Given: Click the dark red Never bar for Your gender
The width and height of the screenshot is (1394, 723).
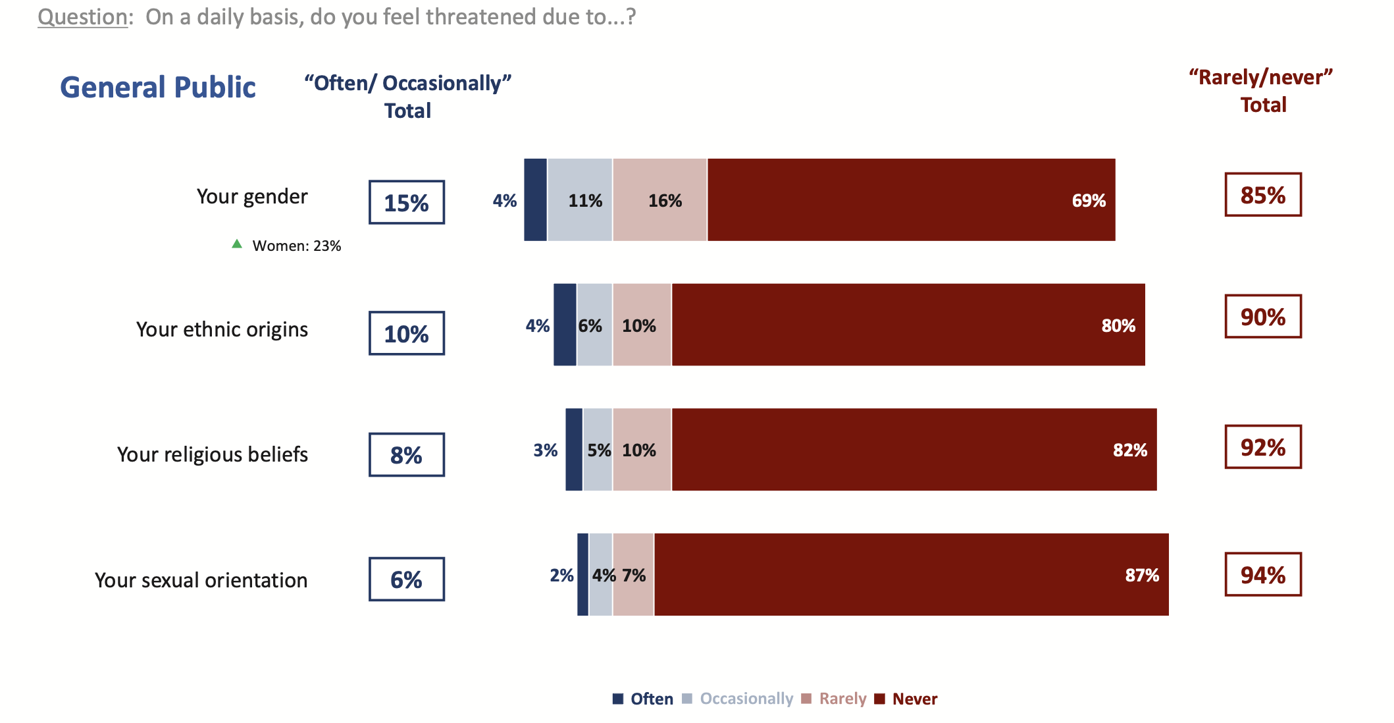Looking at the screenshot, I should click(911, 200).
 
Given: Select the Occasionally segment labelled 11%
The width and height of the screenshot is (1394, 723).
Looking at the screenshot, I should click(580, 200).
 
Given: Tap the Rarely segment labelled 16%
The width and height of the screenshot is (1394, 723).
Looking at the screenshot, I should click(659, 200).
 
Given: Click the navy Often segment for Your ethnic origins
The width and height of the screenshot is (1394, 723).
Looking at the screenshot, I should click(565, 325).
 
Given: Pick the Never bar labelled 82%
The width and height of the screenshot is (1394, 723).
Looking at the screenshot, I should click(914, 450).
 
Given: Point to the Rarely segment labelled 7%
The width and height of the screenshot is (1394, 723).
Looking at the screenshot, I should click(633, 575).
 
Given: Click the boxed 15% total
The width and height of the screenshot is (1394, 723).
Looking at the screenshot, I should click(407, 202).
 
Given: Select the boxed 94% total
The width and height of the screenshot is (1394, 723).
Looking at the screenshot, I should click(1263, 575).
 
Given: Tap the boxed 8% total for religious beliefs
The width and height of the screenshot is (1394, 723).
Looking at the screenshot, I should click(407, 455).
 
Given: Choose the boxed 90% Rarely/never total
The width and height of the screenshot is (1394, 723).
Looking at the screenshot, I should click(1263, 317).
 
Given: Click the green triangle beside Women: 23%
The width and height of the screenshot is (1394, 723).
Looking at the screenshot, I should click(237, 244).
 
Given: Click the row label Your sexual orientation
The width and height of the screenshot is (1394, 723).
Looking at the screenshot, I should click(201, 580).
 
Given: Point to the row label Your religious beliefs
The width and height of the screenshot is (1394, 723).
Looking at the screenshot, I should click(212, 454).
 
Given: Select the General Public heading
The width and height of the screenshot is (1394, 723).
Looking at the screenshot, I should click(158, 87).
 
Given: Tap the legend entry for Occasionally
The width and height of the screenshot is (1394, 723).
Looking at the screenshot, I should click(738, 699).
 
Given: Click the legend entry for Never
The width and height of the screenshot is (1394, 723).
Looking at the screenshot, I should click(906, 699).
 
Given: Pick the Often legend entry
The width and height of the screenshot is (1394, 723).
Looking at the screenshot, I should click(643, 699).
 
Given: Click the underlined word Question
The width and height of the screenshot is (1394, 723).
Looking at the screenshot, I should click(82, 16).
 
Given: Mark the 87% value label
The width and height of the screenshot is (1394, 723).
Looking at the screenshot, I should click(1142, 576).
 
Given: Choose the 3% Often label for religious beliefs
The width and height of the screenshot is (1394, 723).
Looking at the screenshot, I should click(545, 450).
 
